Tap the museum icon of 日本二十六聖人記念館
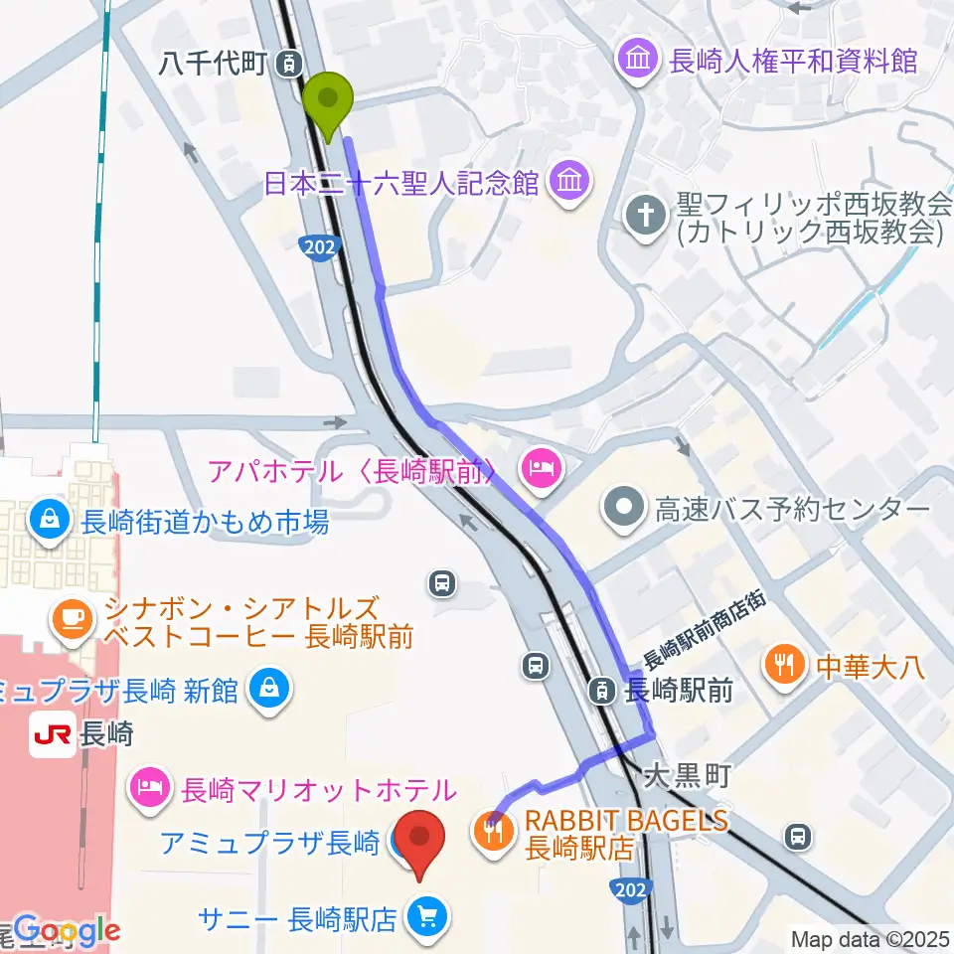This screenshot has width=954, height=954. click(569, 183)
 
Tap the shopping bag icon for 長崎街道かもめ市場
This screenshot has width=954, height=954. click(47, 520)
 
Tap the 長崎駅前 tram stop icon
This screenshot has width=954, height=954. click(603, 688)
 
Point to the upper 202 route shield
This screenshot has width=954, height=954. click(316, 244)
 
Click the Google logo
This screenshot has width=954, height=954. click(67, 929)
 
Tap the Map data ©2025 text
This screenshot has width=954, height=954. click(870, 938)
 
